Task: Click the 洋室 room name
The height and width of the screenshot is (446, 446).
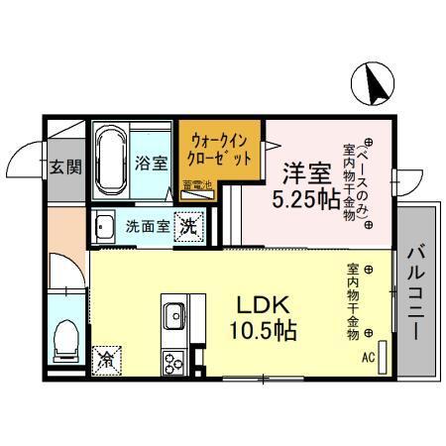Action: [305, 169]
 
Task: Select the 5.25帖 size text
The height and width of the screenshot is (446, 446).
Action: [305, 199]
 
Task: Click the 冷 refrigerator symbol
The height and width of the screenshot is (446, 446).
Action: [106, 362]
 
